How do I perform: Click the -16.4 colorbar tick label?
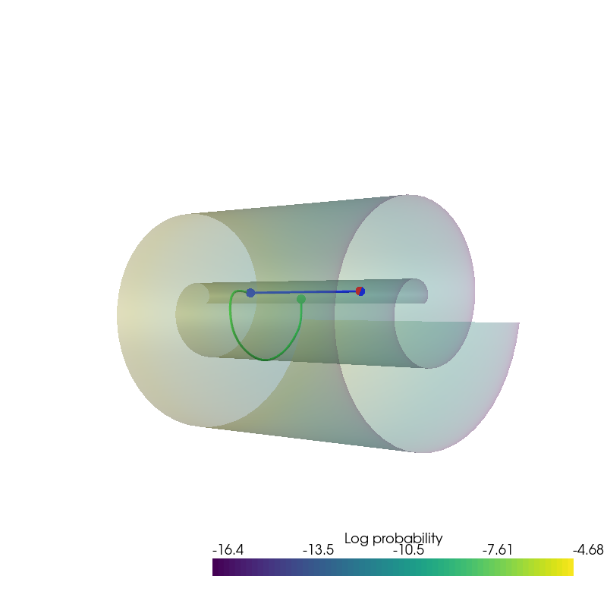tap(227, 550)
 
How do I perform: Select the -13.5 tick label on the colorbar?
tap(318, 550)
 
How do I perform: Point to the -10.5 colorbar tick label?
tap(408, 550)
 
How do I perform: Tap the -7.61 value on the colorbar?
tap(498, 550)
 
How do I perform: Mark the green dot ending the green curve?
tap(301, 299)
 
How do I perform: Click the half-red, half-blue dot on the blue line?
tap(360, 291)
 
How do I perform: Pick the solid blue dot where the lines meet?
tap(250, 293)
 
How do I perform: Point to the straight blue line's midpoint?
tap(305, 292)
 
